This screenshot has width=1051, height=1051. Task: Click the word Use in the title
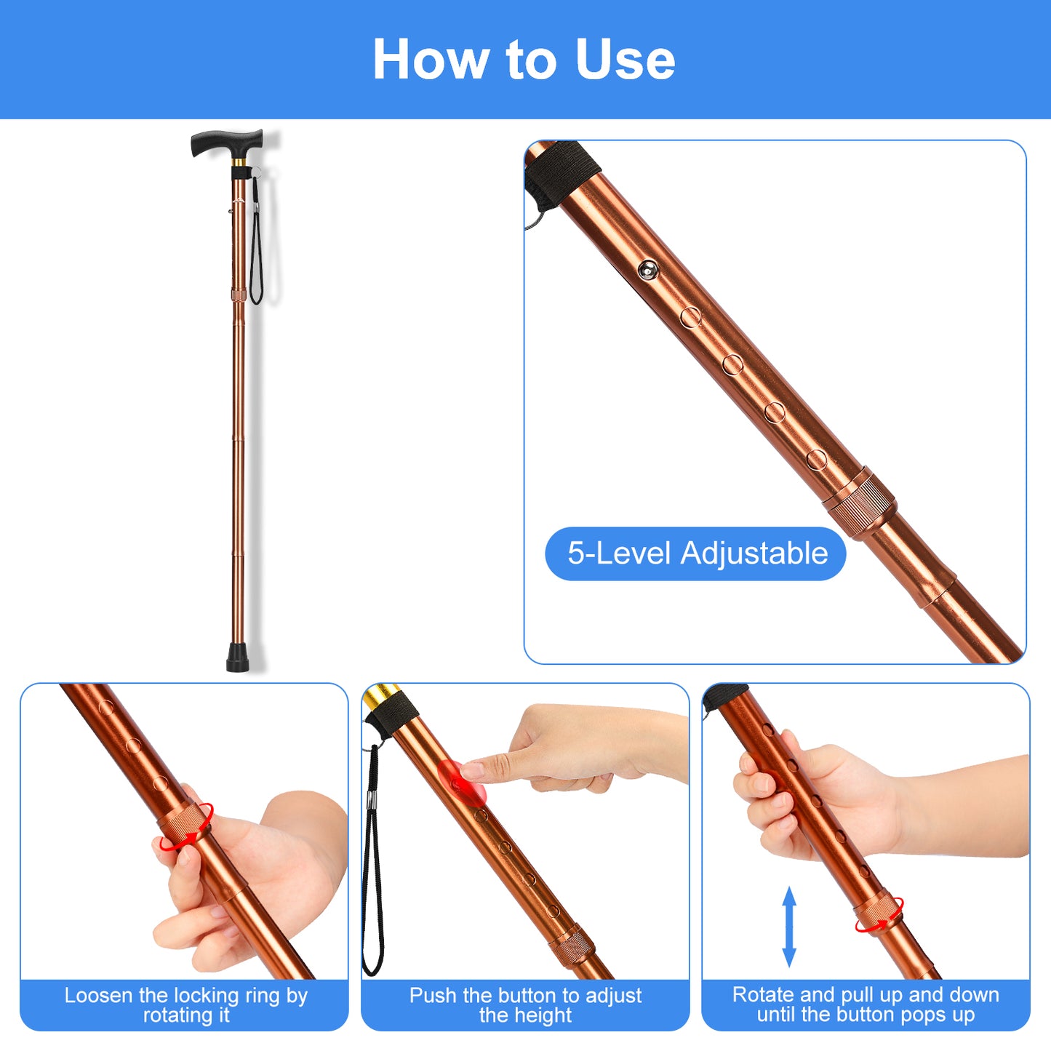pos(625,59)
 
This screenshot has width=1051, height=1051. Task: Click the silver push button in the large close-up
pos(647,270)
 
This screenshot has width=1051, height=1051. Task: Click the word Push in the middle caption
pos(433,996)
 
